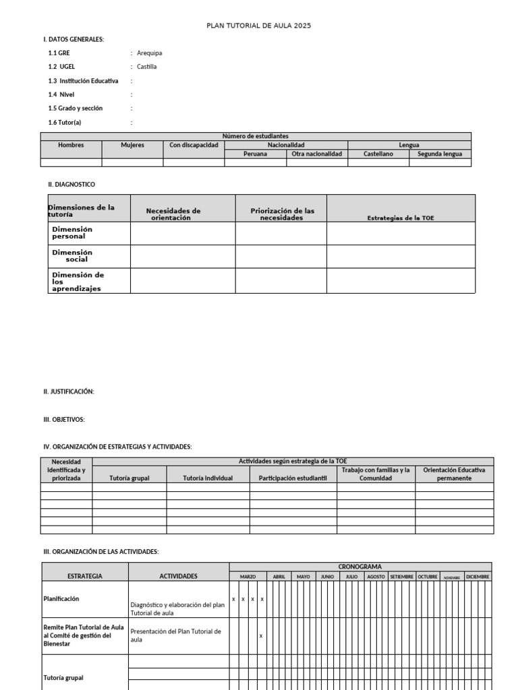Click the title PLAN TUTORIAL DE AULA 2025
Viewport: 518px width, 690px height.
pyautogui.click(x=258, y=26)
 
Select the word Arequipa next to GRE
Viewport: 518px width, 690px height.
pyautogui.click(x=149, y=53)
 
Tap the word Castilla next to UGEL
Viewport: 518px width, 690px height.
pyautogui.click(x=146, y=67)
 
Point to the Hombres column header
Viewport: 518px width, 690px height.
pyautogui.click(x=71, y=145)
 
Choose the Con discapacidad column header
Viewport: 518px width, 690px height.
pyautogui.click(x=194, y=145)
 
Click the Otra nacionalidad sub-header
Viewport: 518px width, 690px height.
pyautogui.click(x=317, y=154)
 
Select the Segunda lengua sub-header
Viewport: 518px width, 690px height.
pyautogui.click(x=440, y=154)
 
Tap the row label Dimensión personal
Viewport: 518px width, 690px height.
pyautogui.click(x=72, y=233)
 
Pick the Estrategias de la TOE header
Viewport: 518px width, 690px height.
pyautogui.click(x=401, y=218)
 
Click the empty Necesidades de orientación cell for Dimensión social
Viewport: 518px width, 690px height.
pyautogui.click(x=182, y=256)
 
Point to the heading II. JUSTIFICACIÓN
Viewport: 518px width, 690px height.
pyautogui.click(x=69, y=391)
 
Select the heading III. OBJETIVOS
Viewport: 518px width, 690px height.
pyautogui.click(x=64, y=419)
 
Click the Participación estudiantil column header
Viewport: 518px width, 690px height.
pyautogui.click(x=293, y=478)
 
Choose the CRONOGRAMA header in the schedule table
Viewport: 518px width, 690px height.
pyautogui.click(x=360, y=567)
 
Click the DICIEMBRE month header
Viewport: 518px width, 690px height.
pyautogui.click(x=478, y=577)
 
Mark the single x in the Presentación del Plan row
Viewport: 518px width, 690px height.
pyautogui.click(x=261, y=635)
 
